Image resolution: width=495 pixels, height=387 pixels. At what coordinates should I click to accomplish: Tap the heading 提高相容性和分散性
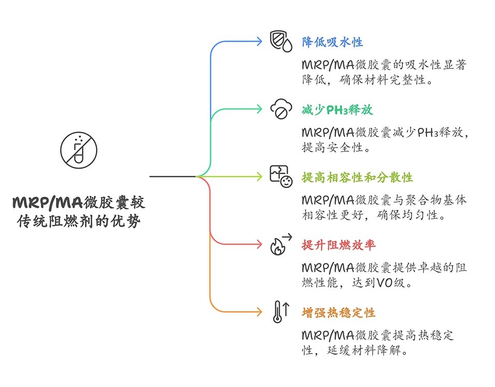357,177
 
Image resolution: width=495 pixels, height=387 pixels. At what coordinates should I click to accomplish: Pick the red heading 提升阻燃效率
338,245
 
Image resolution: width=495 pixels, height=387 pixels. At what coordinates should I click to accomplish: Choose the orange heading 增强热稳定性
338,313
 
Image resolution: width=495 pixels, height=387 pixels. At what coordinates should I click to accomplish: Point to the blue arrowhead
260,42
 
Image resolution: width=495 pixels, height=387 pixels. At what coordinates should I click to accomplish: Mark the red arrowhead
260,244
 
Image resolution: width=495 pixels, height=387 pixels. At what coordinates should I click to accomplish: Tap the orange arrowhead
260,312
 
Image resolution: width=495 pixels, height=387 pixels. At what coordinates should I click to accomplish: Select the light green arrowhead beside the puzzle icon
260,177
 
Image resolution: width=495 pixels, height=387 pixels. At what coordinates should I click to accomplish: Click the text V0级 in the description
401,283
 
